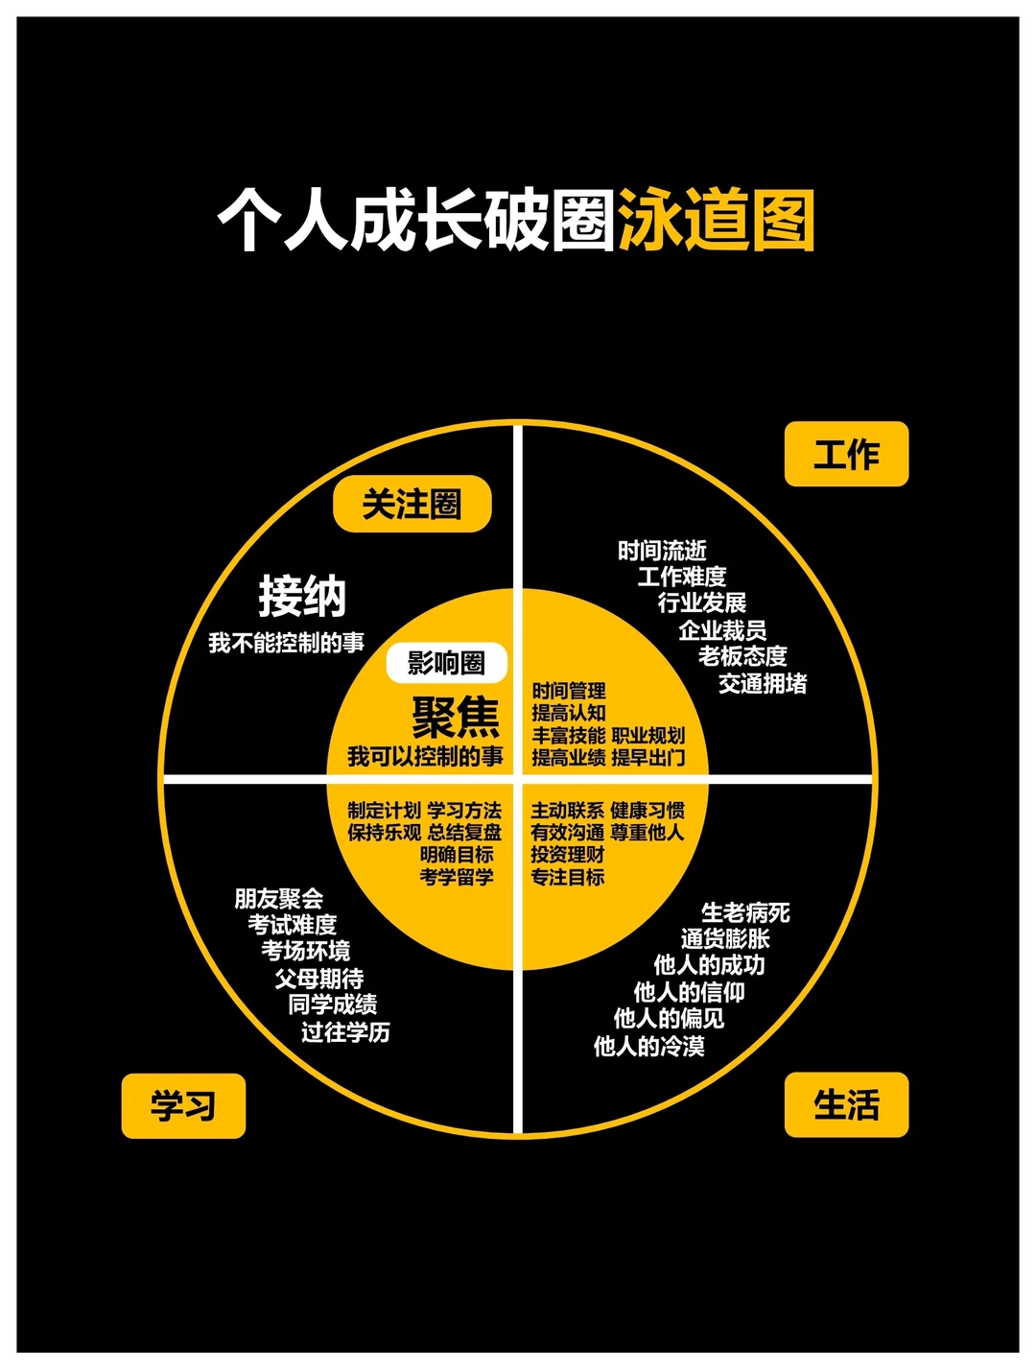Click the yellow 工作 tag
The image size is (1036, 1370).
pyautogui.click(x=846, y=454)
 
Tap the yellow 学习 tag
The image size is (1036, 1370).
pyautogui.click(x=183, y=1105)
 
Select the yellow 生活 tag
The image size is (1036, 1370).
pyautogui.click(x=846, y=1104)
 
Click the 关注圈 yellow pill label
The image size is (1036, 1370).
pyautogui.click(x=412, y=504)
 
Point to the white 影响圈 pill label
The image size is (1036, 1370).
pyautogui.click(x=446, y=663)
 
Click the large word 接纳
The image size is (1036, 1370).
pyautogui.click(x=302, y=596)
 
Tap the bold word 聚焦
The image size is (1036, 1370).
pyautogui.click(x=457, y=717)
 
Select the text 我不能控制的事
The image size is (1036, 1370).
pyautogui.click(x=286, y=643)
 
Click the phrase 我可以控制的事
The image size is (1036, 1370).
pyautogui.click(x=425, y=757)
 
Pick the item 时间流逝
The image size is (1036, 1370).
pyautogui.click(x=662, y=551)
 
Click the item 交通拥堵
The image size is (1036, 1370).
pyautogui.click(x=763, y=683)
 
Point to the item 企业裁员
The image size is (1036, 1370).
pyautogui.click(x=722, y=630)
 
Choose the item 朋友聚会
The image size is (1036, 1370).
pyautogui.click(x=279, y=899)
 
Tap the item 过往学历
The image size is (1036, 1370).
pyautogui.click(x=345, y=1032)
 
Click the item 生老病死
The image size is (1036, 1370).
pyautogui.click(x=745, y=912)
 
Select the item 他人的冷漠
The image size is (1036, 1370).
pyautogui.click(x=649, y=1046)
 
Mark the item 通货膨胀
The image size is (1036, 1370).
pyautogui.click(x=725, y=938)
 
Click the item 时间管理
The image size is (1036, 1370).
pyautogui.click(x=569, y=691)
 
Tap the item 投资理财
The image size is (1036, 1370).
pyautogui.click(x=568, y=855)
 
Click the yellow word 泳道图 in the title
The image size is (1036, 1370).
pyautogui.click(x=717, y=221)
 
